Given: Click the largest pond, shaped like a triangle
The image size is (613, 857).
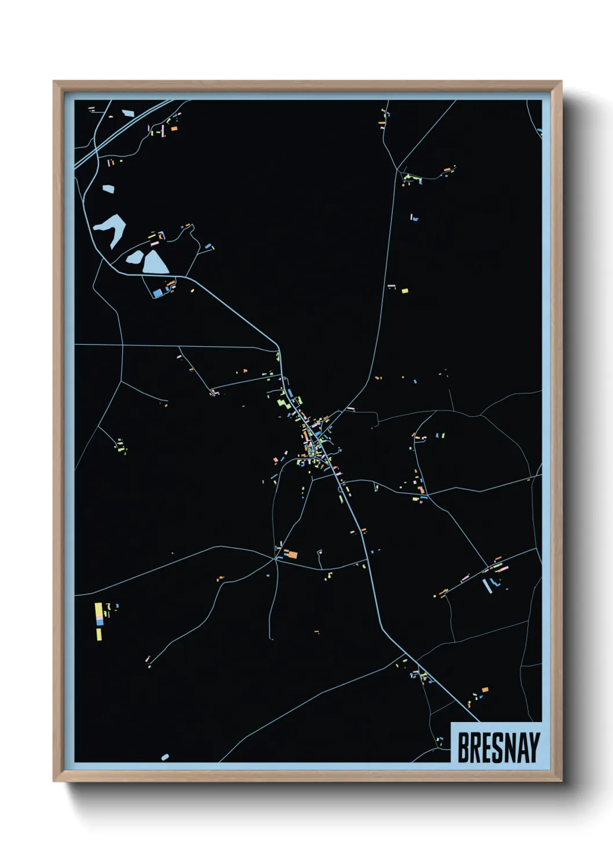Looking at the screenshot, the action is pyautogui.click(x=155, y=262).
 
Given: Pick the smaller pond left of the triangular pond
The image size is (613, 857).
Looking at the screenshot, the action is pyautogui.click(x=134, y=258).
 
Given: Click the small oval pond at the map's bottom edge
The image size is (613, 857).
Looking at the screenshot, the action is pyautogui.click(x=165, y=757).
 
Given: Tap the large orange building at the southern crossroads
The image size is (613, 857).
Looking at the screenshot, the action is pyautogui.click(x=292, y=554).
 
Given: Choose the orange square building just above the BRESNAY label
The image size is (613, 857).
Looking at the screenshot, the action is pyautogui.click(x=485, y=690).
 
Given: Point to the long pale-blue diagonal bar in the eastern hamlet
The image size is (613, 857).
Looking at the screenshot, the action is pyautogui.click(x=486, y=585).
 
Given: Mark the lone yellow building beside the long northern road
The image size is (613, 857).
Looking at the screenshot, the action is pyautogui.click(x=404, y=290).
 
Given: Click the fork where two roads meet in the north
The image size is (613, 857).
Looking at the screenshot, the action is pyautogui.click(x=397, y=169).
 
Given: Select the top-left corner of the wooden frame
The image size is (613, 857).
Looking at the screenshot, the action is pyautogui.click(x=54, y=82).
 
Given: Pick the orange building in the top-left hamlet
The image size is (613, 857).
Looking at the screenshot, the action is pyautogui.click(x=173, y=128).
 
